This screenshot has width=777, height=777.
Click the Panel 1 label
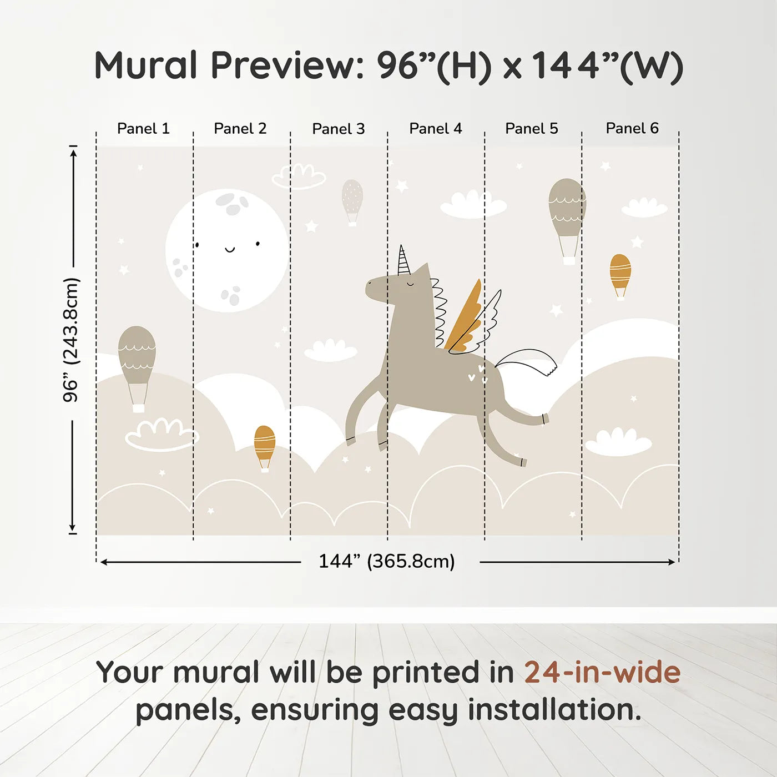143,129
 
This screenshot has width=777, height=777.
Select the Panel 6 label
632,128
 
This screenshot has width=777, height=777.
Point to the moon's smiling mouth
230,250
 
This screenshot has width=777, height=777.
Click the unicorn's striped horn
403,260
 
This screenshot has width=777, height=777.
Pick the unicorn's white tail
526,361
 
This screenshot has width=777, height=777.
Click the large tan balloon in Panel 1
137,369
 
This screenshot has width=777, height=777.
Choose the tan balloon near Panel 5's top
567,221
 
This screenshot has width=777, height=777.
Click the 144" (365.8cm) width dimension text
387,561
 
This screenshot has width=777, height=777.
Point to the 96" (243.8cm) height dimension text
70,340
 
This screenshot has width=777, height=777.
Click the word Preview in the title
287,65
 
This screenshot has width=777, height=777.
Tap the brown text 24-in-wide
602,672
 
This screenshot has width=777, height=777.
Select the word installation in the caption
554,710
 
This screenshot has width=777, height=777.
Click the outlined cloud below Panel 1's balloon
162,434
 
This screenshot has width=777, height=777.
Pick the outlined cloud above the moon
299,176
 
